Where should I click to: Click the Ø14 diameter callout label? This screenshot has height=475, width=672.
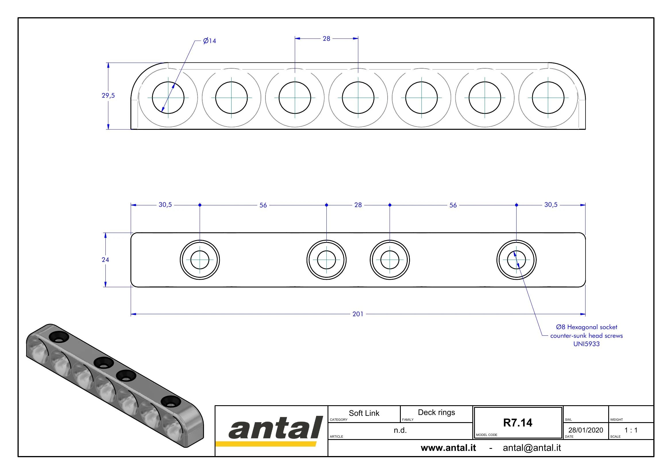pyautogui.click(x=209, y=41)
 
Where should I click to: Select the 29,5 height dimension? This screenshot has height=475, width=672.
pyautogui.click(x=108, y=95)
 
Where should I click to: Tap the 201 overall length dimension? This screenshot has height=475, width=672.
pyautogui.click(x=358, y=314)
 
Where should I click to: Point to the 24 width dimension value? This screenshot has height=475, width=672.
pyautogui.click(x=105, y=260)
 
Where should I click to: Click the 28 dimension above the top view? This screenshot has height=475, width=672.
pyautogui.click(x=326, y=38)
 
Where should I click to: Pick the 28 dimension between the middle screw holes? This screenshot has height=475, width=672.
pyautogui.click(x=358, y=205)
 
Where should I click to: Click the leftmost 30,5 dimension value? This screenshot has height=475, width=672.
pyautogui.click(x=165, y=205)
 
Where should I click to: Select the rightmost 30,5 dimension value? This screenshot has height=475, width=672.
pyautogui.click(x=551, y=205)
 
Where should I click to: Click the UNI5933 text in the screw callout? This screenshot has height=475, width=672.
pyautogui.click(x=586, y=344)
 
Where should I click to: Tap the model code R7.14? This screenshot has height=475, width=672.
pyautogui.click(x=517, y=423)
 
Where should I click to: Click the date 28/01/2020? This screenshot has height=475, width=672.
pyautogui.click(x=586, y=430)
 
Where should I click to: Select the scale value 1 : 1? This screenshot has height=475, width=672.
pyautogui.click(x=631, y=430)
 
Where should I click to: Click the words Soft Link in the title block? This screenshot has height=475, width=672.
pyautogui.click(x=364, y=413)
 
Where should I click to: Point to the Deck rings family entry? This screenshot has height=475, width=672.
pyautogui.click(x=436, y=412)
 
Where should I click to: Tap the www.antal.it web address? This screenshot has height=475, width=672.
pyautogui.click(x=448, y=448)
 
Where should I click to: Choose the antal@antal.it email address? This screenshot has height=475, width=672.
pyautogui.click(x=532, y=448)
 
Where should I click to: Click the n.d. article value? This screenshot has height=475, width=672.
pyautogui.click(x=400, y=430)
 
